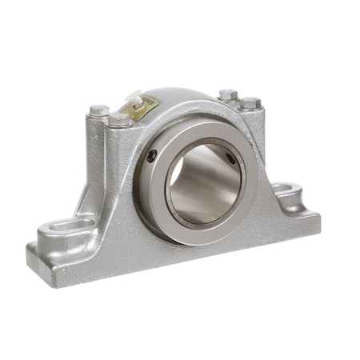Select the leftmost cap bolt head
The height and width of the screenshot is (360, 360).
point(98,110)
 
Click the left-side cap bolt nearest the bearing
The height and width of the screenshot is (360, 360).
point(120,120)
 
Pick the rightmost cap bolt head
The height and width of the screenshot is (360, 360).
point(251,103)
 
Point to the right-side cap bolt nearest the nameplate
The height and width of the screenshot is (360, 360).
point(228,94)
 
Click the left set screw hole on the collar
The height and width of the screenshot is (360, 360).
point(152,156)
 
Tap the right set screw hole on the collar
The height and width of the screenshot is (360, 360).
point(232,158)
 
